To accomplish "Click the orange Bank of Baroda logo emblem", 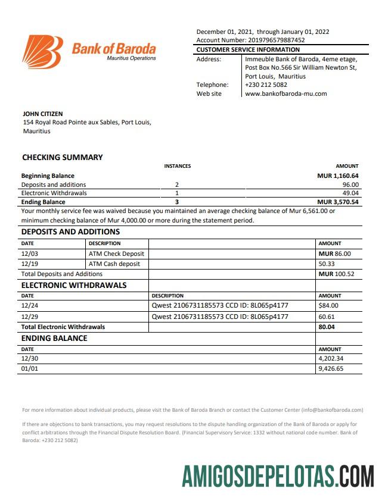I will click(42, 51).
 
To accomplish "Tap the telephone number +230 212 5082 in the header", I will click(266, 84).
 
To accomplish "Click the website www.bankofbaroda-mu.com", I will click(285, 93).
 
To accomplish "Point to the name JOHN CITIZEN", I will click(42, 114).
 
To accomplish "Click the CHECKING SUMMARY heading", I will click(63, 158).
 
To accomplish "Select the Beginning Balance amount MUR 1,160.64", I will click(337, 176).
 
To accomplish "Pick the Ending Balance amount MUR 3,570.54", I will click(337, 202).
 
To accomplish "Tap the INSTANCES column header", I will click(177, 166).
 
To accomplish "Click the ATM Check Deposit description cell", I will click(116, 253).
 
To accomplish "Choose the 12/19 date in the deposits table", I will click(29, 264).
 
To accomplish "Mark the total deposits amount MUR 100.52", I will click(336, 274).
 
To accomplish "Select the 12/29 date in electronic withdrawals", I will click(29, 317).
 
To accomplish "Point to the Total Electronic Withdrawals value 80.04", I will click(327, 327).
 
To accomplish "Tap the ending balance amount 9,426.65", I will click(331, 369).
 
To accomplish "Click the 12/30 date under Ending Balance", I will click(29, 359).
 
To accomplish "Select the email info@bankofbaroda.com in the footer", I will click(332, 410).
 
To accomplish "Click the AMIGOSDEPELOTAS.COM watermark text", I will click(278, 477).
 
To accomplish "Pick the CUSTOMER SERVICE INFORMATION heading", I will click(248, 50).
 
